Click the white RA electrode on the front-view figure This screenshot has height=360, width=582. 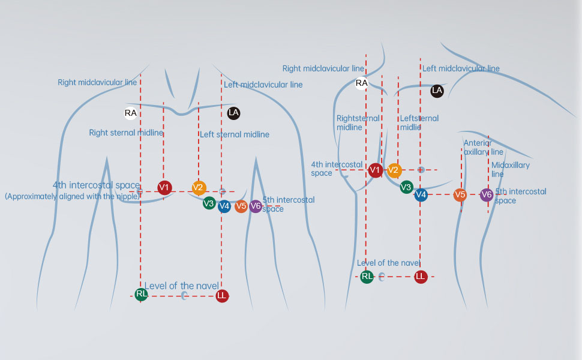click(x=130, y=113)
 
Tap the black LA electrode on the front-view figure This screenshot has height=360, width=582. click(x=233, y=112)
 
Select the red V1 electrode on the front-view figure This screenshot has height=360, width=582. click(x=164, y=188)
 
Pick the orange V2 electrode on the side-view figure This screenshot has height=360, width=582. click(x=394, y=170)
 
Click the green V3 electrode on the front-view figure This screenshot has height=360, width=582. click(x=209, y=203)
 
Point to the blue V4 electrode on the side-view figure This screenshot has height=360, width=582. click(x=421, y=194)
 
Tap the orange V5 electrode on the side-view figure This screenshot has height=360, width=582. click(x=460, y=194)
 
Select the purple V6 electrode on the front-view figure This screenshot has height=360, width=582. click(x=256, y=206)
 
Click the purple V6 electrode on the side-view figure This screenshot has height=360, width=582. click(x=487, y=194)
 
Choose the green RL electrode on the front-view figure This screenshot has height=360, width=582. click(x=142, y=294)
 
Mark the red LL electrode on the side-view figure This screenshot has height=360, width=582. click(x=421, y=277)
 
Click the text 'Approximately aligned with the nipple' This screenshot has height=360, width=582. click(x=72, y=196)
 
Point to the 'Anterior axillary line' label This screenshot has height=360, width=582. click(x=483, y=148)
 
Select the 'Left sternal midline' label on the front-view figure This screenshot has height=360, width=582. click(x=235, y=134)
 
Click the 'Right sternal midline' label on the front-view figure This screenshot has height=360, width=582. click(x=126, y=133)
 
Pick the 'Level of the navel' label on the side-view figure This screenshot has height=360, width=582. click(x=388, y=263)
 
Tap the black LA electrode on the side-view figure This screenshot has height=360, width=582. click(x=437, y=91)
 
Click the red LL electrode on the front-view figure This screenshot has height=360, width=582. click(x=222, y=295)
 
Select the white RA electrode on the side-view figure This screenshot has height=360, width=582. click(x=361, y=83)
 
